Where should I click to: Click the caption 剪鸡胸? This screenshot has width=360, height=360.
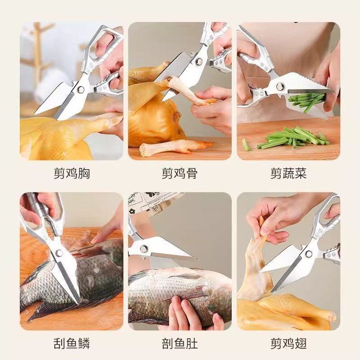[71, 173]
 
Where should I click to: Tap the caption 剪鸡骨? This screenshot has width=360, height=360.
[180, 173]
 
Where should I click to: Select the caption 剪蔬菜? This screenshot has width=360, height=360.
[288, 173]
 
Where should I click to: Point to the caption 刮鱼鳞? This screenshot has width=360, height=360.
[71, 343]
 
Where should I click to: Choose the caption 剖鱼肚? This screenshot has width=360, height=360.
[180, 343]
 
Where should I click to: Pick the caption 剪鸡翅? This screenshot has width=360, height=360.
[288, 343]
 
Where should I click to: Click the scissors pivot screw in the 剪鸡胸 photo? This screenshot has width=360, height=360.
[81, 89]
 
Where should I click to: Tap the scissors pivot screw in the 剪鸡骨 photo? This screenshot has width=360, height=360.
[198, 62]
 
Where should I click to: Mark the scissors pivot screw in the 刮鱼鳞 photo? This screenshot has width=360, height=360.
[59, 253]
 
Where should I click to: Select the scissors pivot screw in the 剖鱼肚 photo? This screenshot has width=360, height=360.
[144, 248]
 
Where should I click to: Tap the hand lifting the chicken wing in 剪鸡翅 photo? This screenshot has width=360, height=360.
[274, 216]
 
